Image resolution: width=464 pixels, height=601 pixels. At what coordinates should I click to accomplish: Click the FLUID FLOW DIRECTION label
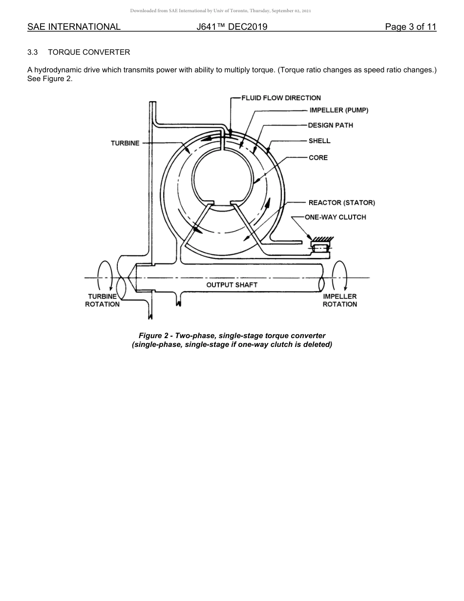(x=281, y=98)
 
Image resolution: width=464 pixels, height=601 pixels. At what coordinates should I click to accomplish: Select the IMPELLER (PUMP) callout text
(x=338, y=110)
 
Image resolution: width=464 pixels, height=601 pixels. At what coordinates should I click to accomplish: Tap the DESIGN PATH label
(x=330, y=125)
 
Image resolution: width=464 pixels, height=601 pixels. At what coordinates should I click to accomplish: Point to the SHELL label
(x=319, y=141)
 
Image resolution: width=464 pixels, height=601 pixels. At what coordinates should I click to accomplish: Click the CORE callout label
(x=318, y=157)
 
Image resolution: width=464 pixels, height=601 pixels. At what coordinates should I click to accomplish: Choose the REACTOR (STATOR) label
(x=341, y=202)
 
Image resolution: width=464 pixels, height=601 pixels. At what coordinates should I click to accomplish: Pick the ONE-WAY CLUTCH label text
(x=335, y=217)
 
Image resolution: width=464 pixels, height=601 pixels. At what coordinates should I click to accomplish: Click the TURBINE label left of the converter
(x=125, y=143)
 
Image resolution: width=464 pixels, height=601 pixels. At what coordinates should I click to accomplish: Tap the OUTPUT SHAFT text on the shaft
(x=232, y=284)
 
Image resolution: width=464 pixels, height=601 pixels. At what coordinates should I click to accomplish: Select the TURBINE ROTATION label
(x=103, y=300)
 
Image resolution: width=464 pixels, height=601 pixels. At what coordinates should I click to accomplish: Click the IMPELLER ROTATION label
(x=339, y=300)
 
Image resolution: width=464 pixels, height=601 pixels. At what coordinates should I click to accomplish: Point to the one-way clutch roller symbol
(x=320, y=249)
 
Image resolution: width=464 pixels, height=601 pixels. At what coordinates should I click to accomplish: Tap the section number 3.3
(x=33, y=52)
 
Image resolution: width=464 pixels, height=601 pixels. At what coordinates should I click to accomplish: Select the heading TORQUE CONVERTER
(x=89, y=52)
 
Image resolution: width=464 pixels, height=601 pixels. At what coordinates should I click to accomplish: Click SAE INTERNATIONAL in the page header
(x=74, y=27)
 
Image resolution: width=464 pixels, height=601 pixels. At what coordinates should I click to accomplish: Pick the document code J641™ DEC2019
(x=232, y=27)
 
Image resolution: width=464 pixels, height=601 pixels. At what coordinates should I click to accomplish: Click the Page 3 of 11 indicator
(x=410, y=27)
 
